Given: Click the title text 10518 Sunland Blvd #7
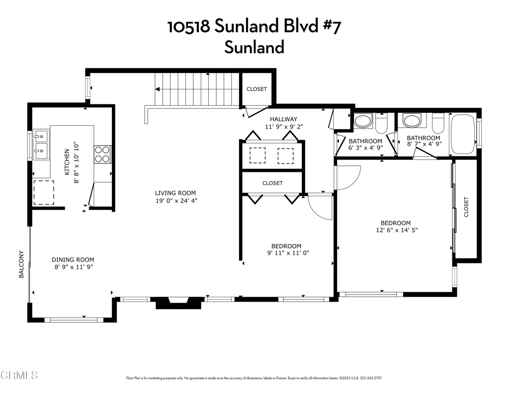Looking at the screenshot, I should pos(254,27).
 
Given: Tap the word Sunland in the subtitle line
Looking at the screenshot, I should pos(254,47).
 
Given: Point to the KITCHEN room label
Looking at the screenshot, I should pos(67,162).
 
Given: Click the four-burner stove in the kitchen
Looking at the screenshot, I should pos(102,154).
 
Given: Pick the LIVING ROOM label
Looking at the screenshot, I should pos(175,193).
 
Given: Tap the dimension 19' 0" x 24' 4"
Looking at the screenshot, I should pos(175,201).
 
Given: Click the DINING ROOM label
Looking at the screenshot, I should pos(73,259).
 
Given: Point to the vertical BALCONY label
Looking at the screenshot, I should pos(21,264).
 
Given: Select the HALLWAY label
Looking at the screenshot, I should pos(283,119).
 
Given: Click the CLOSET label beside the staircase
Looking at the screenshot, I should pos(256,89).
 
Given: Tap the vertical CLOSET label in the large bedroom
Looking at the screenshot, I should pos(466,208).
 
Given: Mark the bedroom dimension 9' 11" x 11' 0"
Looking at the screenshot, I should pos(286,254).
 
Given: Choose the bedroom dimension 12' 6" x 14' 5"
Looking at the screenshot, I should pos(396,231).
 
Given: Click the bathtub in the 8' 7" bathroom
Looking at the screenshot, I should pos(462,134).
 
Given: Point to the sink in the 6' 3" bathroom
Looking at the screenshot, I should pos(362,121).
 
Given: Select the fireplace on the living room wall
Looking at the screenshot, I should pos(179,302).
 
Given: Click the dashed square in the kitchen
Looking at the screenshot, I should pos(43,192).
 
